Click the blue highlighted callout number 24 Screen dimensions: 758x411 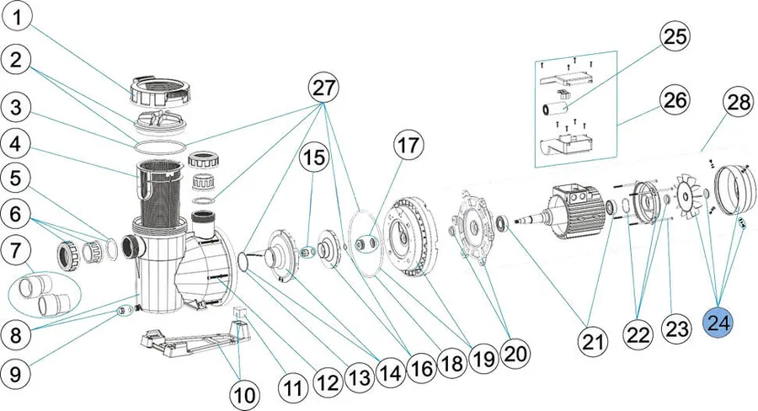[x=718, y=323]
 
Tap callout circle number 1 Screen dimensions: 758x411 [x=18, y=19]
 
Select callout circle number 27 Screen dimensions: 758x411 [x=323, y=89]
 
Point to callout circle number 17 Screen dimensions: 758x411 [x=408, y=144]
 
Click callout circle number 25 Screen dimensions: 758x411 [x=675, y=36]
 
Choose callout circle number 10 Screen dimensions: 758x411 [x=244, y=394]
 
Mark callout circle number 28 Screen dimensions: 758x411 [x=739, y=102]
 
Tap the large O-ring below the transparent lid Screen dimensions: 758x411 [x=159, y=144]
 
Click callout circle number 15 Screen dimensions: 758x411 [x=314, y=157]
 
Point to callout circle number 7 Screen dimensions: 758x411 [x=16, y=251]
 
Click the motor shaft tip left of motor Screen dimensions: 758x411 [x=515, y=221]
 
